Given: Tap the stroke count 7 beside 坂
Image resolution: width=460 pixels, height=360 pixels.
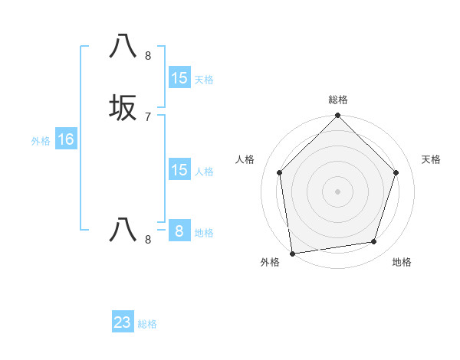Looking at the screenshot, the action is [147, 116].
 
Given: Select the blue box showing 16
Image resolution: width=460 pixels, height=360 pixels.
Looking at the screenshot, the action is [65, 139].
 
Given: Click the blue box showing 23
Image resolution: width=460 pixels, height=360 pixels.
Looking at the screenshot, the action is [123, 322].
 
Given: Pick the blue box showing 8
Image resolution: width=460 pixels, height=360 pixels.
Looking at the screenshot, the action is [179, 231].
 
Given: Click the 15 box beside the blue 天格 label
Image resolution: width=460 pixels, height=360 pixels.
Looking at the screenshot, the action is [179, 78].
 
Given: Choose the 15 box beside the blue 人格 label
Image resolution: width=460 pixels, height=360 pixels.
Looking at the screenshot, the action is [179, 170].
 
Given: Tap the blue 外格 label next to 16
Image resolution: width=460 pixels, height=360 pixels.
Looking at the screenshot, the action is [41, 141].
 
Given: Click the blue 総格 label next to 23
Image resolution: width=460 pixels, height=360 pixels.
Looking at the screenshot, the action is [147, 324].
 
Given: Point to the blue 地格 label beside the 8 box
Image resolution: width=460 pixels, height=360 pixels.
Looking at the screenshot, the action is [204, 233].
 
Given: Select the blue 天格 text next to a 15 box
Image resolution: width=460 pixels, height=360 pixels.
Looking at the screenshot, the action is [204, 80].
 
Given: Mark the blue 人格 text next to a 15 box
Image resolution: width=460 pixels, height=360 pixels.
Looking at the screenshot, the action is [204, 172].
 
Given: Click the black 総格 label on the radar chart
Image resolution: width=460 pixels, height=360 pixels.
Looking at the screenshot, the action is [337, 100].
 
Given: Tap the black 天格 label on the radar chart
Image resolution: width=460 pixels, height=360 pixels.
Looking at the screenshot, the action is [432, 159].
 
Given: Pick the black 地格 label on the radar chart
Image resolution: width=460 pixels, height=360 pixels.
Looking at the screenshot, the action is [402, 263].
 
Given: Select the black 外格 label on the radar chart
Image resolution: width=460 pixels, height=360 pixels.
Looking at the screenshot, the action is [270, 263].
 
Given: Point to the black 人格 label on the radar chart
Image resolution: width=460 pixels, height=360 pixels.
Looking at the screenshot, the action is [245, 159].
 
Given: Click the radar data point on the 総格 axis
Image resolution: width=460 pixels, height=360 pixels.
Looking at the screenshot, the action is [337, 116].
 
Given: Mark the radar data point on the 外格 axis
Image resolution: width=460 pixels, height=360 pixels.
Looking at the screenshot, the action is [292, 253].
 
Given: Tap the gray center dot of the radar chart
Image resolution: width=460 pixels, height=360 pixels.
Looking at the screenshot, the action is [337, 191].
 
